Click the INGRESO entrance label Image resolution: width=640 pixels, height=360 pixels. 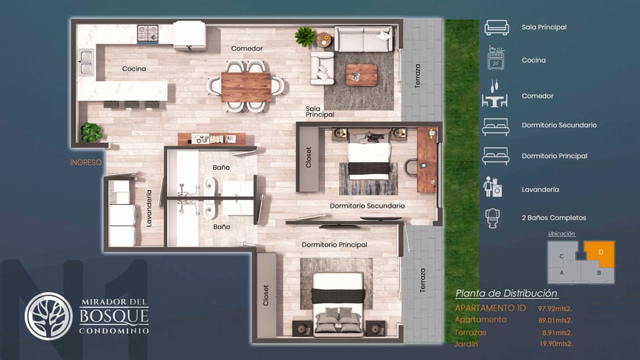tap(86, 162)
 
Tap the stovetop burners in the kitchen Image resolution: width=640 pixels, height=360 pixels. tap(147, 33)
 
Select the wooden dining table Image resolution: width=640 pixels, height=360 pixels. tap(246, 87)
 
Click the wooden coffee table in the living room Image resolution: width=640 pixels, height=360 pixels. tap(361, 75)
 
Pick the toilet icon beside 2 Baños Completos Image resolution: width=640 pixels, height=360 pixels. tap(493, 218)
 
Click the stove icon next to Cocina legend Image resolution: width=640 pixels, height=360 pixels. tap(496, 58)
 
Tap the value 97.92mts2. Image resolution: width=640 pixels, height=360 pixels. tap(555, 309)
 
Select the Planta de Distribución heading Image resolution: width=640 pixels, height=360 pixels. tap(506, 293)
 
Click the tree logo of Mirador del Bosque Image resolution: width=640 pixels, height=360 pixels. tap(48, 316)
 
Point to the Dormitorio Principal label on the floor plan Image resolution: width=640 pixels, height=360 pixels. tap(334, 245)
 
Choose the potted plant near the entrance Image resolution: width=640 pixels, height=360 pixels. tap(91, 132)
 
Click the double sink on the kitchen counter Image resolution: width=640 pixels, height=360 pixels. tap(86, 62)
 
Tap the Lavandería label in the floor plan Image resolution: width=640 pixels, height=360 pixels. tap(149, 208)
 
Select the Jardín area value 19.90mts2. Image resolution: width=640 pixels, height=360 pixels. tap(556, 344)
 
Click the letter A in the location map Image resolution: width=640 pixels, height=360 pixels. tap(562, 272)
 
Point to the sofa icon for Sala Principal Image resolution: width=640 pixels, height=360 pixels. tap(497, 27)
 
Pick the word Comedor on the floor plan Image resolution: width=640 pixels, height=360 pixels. tap(247, 48)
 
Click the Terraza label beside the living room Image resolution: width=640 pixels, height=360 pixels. tap(417, 76)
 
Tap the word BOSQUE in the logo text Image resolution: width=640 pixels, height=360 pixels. tap(114, 315)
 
